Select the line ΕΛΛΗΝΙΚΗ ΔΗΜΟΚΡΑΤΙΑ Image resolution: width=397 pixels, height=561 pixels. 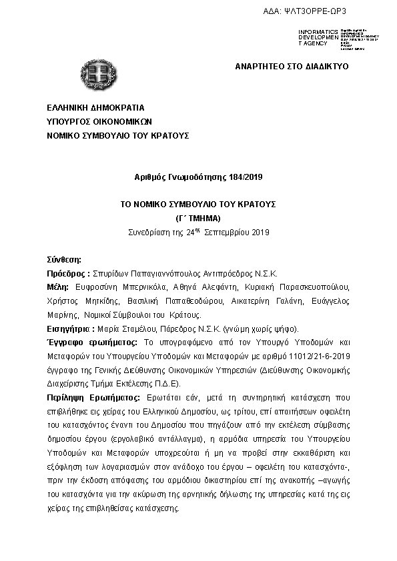pyautogui.click(x=95, y=107)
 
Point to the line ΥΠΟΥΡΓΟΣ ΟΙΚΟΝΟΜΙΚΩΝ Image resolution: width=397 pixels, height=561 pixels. pyautogui.click(x=100, y=121)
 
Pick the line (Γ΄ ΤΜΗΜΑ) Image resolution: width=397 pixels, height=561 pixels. pyautogui.click(x=198, y=218)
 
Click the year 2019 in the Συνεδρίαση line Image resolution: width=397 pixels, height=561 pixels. pyautogui.click(x=252, y=232)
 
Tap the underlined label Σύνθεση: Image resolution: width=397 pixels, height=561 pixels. pyautogui.click(x=63, y=259)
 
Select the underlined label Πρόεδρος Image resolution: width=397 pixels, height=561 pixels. pyautogui.click(x=66, y=273)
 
